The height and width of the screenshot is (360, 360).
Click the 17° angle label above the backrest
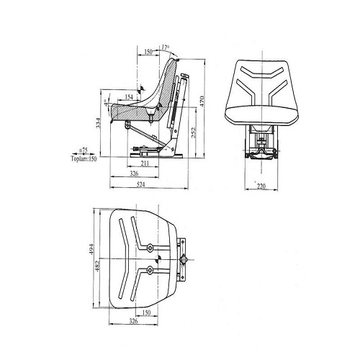166,48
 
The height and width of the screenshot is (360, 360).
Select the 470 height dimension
202,102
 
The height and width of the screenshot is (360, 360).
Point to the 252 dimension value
193,132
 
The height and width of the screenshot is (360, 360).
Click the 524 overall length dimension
141,184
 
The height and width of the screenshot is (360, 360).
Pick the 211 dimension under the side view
145,163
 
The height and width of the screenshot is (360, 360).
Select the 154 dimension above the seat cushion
129,96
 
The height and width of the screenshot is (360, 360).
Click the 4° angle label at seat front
106,103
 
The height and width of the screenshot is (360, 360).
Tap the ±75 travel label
84,150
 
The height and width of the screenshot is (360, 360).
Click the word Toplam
79,158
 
